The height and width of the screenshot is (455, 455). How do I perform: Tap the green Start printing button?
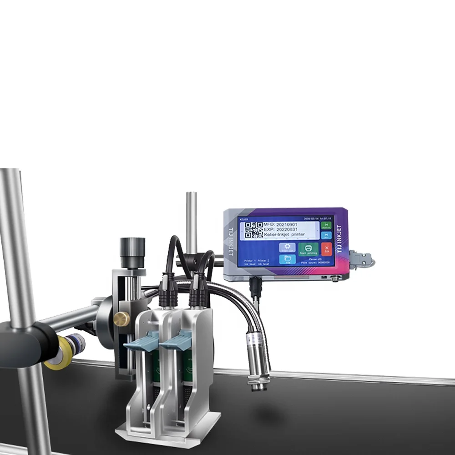click(x=308, y=249)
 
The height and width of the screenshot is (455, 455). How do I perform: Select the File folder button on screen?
click(x=288, y=259)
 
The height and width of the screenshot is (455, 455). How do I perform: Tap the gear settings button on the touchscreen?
click(x=287, y=248)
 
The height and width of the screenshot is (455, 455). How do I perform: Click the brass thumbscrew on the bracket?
click(x=121, y=319)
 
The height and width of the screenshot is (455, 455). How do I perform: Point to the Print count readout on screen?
click(x=314, y=263)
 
